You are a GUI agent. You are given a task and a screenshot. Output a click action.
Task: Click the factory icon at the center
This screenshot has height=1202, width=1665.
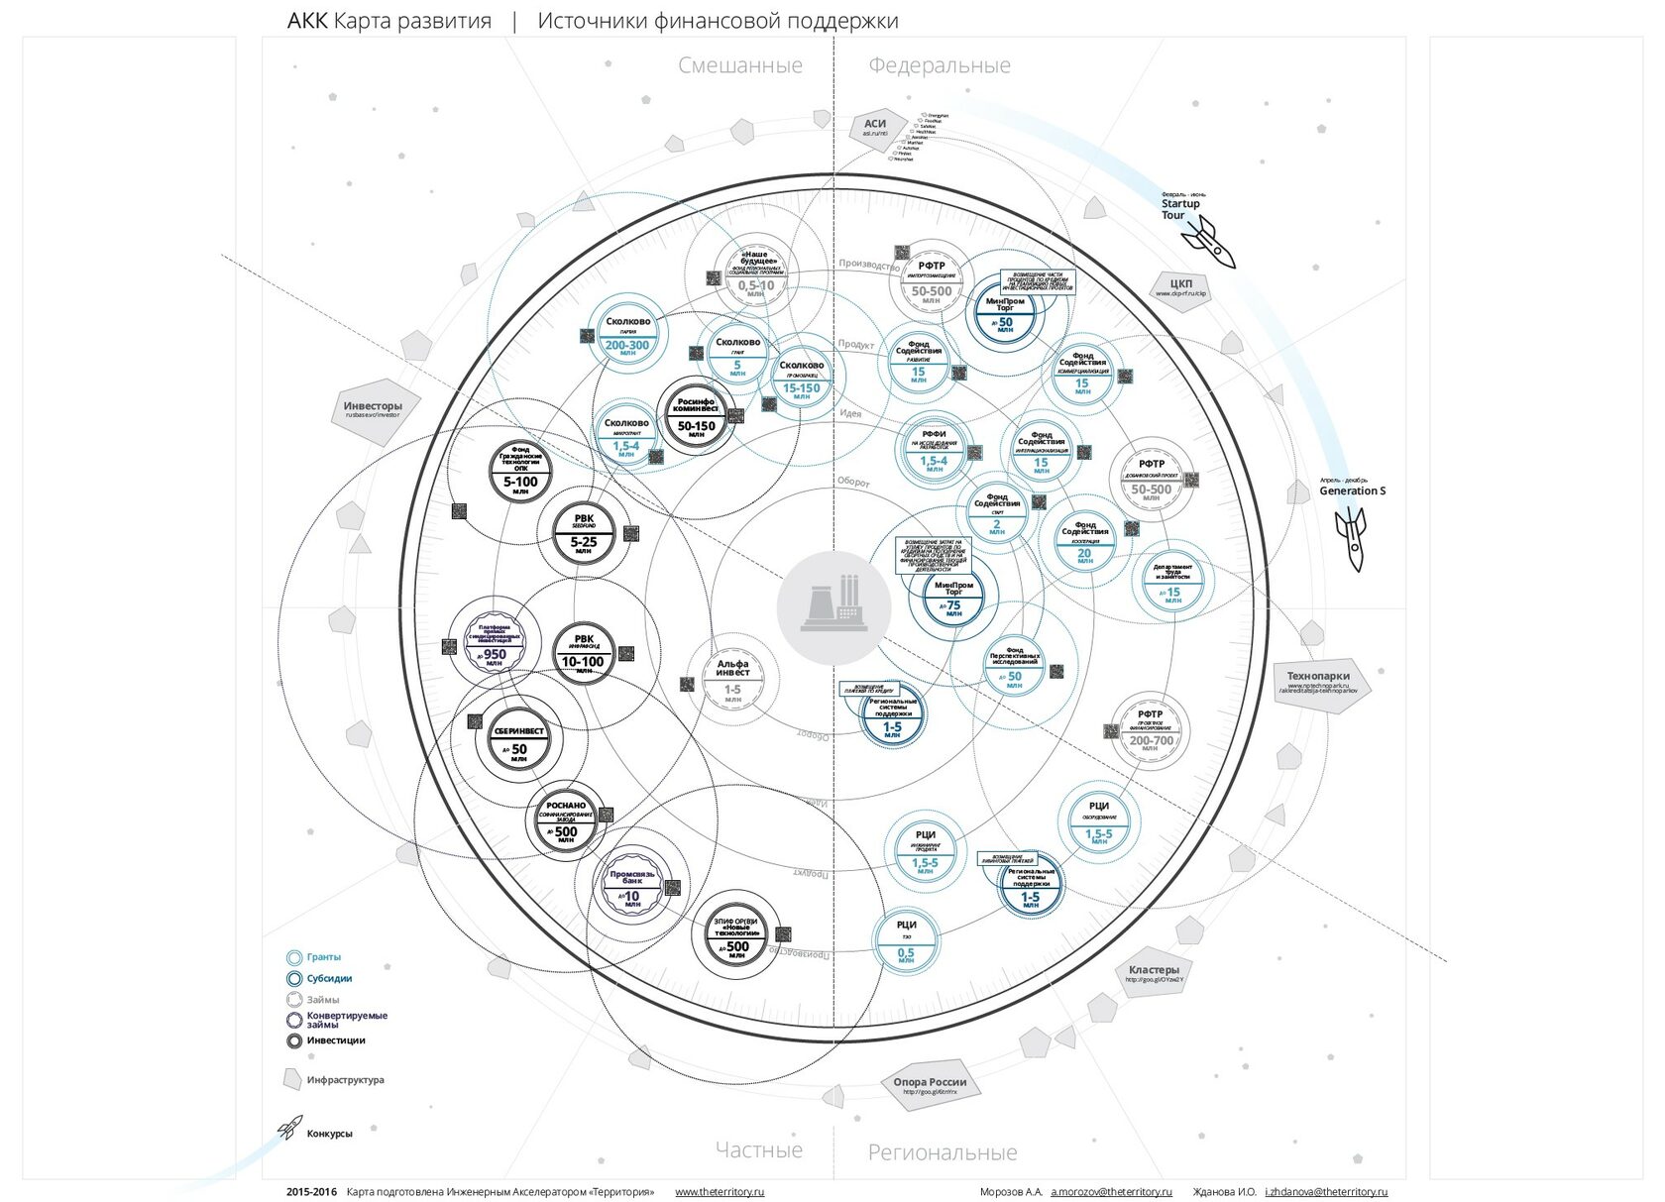pyautogui.click(x=833, y=607)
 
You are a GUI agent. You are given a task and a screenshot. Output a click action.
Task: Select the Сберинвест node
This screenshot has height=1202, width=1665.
pyautogui.click(x=519, y=741)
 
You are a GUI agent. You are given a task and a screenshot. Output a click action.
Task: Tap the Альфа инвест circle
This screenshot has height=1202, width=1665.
pyautogui.click(x=732, y=679)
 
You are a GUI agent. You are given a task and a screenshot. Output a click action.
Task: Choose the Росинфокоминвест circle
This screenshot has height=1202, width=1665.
pyautogui.click(x=696, y=415)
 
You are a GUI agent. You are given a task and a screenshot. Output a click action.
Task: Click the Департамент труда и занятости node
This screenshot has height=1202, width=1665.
pyautogui.click(x=1173, y=582)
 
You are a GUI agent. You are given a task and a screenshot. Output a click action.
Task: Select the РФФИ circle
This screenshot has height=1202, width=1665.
pyautogui.click(x=934, y=450)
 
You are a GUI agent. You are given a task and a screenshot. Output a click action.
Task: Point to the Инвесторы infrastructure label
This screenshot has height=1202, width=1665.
pyautogui.click(x=374, y=408)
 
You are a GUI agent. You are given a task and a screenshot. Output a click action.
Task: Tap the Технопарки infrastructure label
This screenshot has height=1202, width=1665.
pyautogui.click(x=1319, y=680)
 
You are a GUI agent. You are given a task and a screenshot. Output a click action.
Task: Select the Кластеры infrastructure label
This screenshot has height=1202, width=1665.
pyautogui.click(x=1154, y=972)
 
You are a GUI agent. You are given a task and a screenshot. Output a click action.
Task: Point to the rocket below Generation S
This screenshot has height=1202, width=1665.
pyautogui.click(x=1352, y=537)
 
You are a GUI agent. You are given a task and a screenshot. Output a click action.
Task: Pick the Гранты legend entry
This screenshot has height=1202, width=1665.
pyautogui.click(x=323, y=957)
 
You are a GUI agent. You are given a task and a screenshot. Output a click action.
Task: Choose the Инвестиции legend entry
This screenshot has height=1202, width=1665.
pyautogui.click(x=335, y=1040)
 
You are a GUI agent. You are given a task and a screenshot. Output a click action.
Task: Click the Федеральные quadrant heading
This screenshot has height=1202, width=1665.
pyautogui.click(x=940, y=65)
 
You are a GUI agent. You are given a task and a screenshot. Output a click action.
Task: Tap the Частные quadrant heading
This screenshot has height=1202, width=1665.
pyautogui.click(x=759, y=1150)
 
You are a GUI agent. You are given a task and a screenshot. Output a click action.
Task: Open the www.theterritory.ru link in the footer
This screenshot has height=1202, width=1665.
pyautogui.click(x=720, y=1192)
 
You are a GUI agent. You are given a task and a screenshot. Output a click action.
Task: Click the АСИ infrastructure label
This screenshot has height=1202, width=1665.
pyautogui.click(x=874, y=128)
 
